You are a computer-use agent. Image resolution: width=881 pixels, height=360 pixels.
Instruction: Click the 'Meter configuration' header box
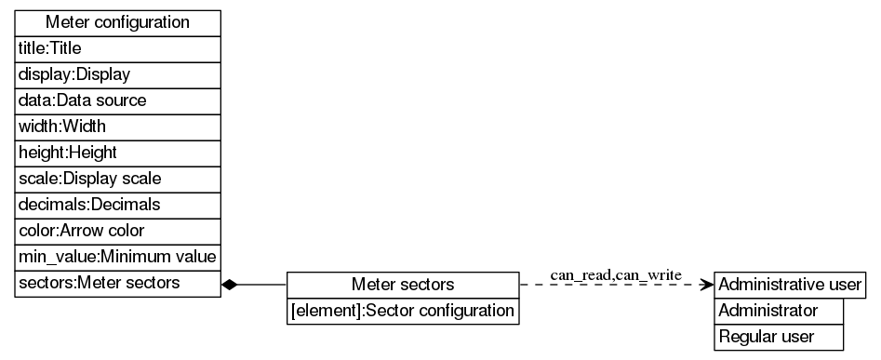coord(117,21)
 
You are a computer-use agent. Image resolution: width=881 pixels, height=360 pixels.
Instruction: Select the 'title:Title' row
coord(117,47)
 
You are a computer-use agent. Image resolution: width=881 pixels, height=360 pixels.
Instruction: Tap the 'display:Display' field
coord(117,73)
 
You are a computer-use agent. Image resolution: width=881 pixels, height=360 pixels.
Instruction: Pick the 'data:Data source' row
coord(117,100)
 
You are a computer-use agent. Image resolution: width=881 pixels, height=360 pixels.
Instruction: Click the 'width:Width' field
coord(117,126)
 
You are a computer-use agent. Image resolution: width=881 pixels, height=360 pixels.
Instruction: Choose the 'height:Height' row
coord(117,152)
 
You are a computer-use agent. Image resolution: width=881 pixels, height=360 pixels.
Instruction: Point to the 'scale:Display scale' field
coord(117,178)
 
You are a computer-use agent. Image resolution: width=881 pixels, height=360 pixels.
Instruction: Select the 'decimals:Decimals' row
coord(117,204)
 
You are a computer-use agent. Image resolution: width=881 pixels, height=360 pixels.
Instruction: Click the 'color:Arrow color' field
coord(117,230)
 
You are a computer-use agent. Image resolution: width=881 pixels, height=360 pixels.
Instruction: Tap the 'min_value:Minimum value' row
coord(117,256)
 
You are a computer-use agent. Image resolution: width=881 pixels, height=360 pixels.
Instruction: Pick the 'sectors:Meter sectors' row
coord(117,283)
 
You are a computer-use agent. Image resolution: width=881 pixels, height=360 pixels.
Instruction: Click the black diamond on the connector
coord(231,284)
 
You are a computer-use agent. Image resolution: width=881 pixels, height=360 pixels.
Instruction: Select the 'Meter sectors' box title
coord(402,284)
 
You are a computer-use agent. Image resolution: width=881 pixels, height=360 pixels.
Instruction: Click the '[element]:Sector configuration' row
coord(402,311)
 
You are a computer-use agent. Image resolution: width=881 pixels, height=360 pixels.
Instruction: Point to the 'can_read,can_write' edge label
coord(616,275)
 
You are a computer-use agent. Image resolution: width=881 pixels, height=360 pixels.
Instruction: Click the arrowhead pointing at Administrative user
coord(706,284)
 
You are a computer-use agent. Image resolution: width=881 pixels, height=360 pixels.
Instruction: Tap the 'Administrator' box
coord(779,311)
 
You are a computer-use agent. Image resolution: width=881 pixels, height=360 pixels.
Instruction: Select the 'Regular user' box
coord(779,337)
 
